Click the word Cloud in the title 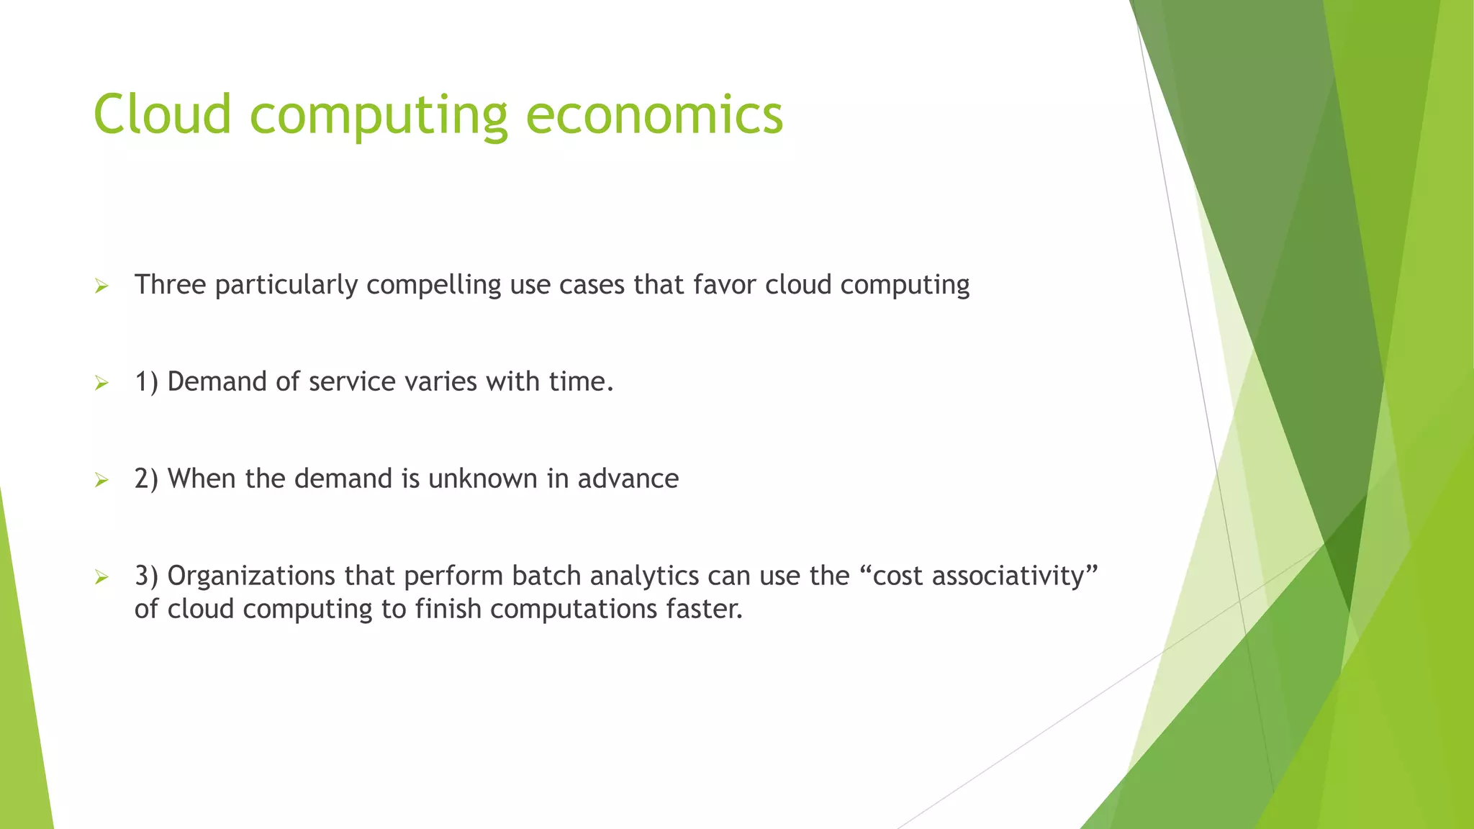(x=163, y=114)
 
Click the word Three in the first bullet (x=170, y=285)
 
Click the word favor (x=724, y=285)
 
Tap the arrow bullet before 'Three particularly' (x=101, y=287)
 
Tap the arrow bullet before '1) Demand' (x=101, y=384)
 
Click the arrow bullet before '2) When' (x=101, y=481)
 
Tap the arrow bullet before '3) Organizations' (x=101, y=577)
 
